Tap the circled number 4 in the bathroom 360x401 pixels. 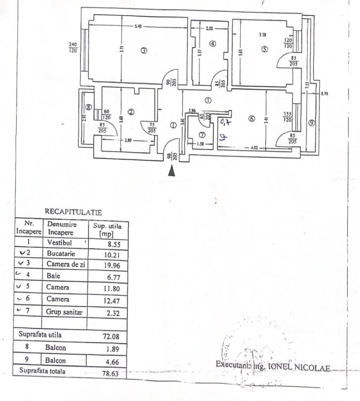tap(212, 44)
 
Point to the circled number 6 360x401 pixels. tap(251, 118)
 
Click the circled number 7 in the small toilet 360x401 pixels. tap(202, 134)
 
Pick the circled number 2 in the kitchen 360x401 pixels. tap(130, 112)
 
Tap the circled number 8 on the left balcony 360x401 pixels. tap(88, 108)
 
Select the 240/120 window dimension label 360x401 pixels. tap(73, 48)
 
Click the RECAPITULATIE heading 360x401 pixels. tap(73, 212)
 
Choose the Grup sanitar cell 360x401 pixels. tap(65, 312)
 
